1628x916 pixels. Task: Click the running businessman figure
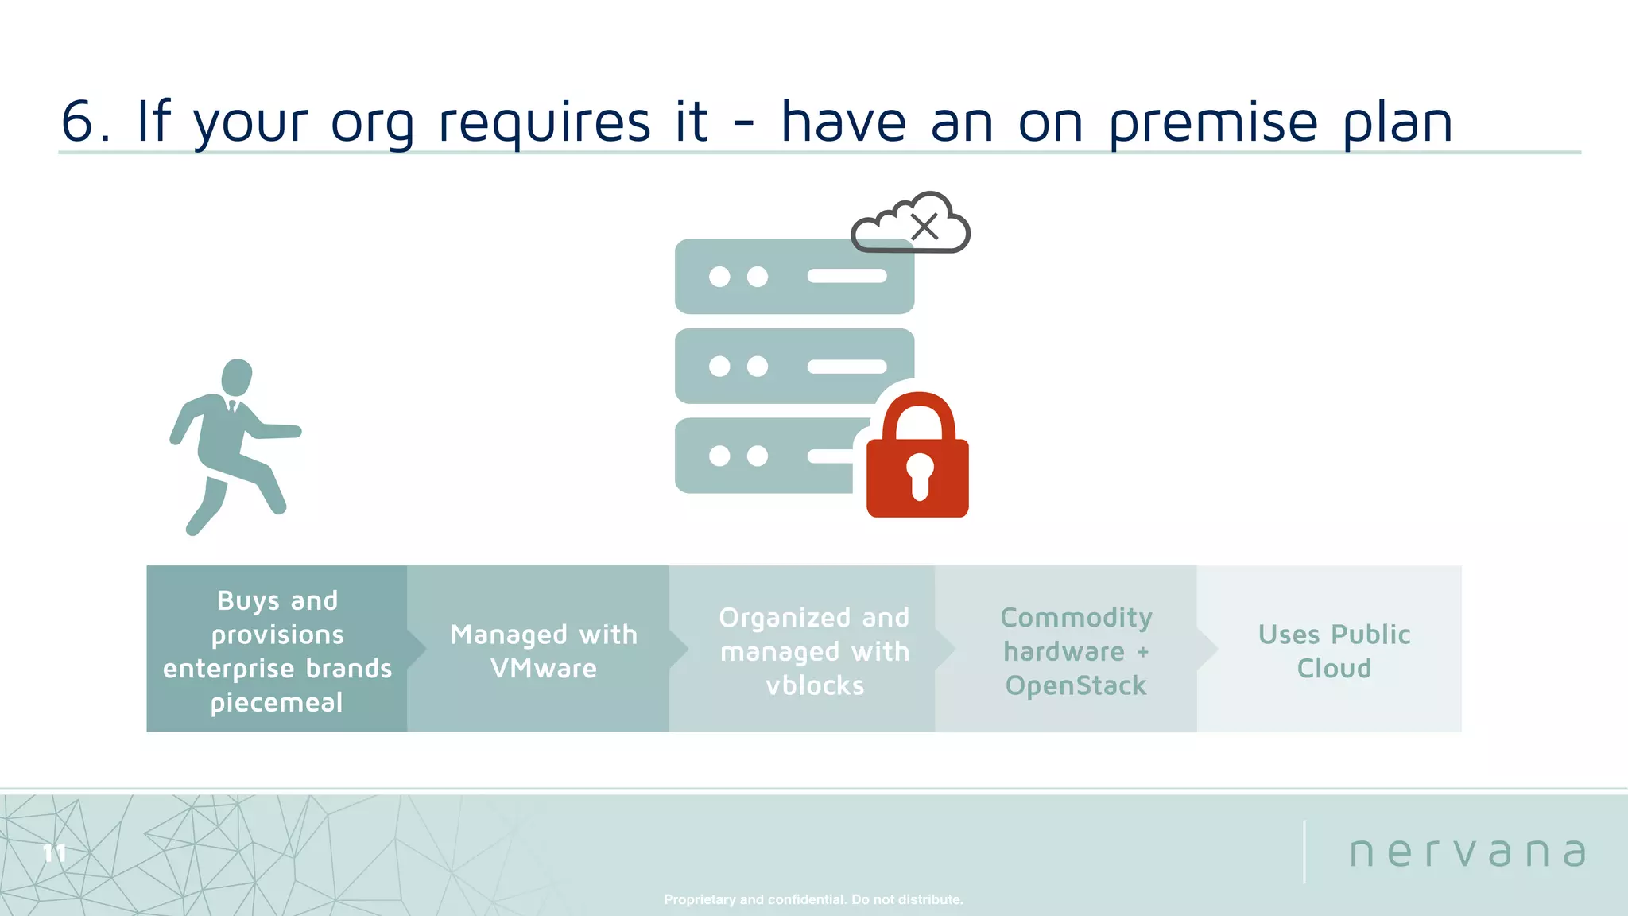coord(231,446)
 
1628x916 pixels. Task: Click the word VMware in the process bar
coord(544,669)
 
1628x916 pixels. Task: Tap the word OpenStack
coord(1076,685)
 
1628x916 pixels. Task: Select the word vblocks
coord(815,685)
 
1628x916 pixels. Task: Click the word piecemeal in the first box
coord(277,703)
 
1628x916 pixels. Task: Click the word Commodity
coord(1076,618)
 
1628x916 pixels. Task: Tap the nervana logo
coord(1467,852)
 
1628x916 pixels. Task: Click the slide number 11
coord(54,853)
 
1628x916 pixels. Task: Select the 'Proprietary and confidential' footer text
coord(813,899)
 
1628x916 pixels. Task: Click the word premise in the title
coord(1213,123)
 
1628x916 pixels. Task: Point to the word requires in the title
coord(544,123)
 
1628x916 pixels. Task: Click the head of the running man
coord(236,376)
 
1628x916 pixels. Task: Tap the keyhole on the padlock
coord(920,475)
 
